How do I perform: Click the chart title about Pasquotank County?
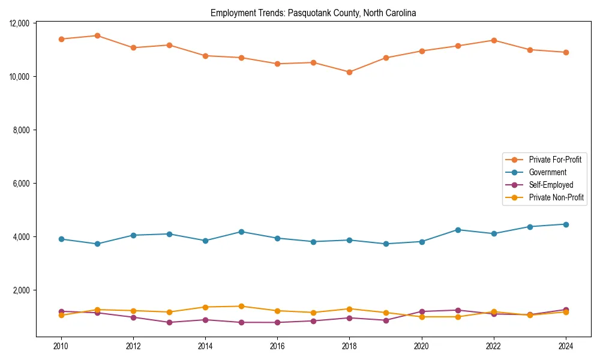(313, 13)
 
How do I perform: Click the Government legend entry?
(547, 172)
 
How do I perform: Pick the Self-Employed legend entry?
(551, 185)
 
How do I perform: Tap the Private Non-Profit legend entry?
(556, 197)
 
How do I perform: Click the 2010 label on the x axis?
(61, 346)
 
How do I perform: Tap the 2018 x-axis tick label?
(349, 346)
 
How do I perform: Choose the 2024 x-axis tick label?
(566, 346)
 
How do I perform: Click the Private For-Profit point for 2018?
(349, 72)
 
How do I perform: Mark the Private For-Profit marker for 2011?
(97, 35)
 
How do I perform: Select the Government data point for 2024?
(566, 224)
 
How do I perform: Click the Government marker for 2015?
(241, 232)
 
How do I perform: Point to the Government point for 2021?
(458, 230)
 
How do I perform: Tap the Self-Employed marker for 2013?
(169, 322)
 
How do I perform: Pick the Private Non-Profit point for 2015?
(241, 306)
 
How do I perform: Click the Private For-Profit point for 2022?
(494, 40)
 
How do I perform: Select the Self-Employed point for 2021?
(458, 310)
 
